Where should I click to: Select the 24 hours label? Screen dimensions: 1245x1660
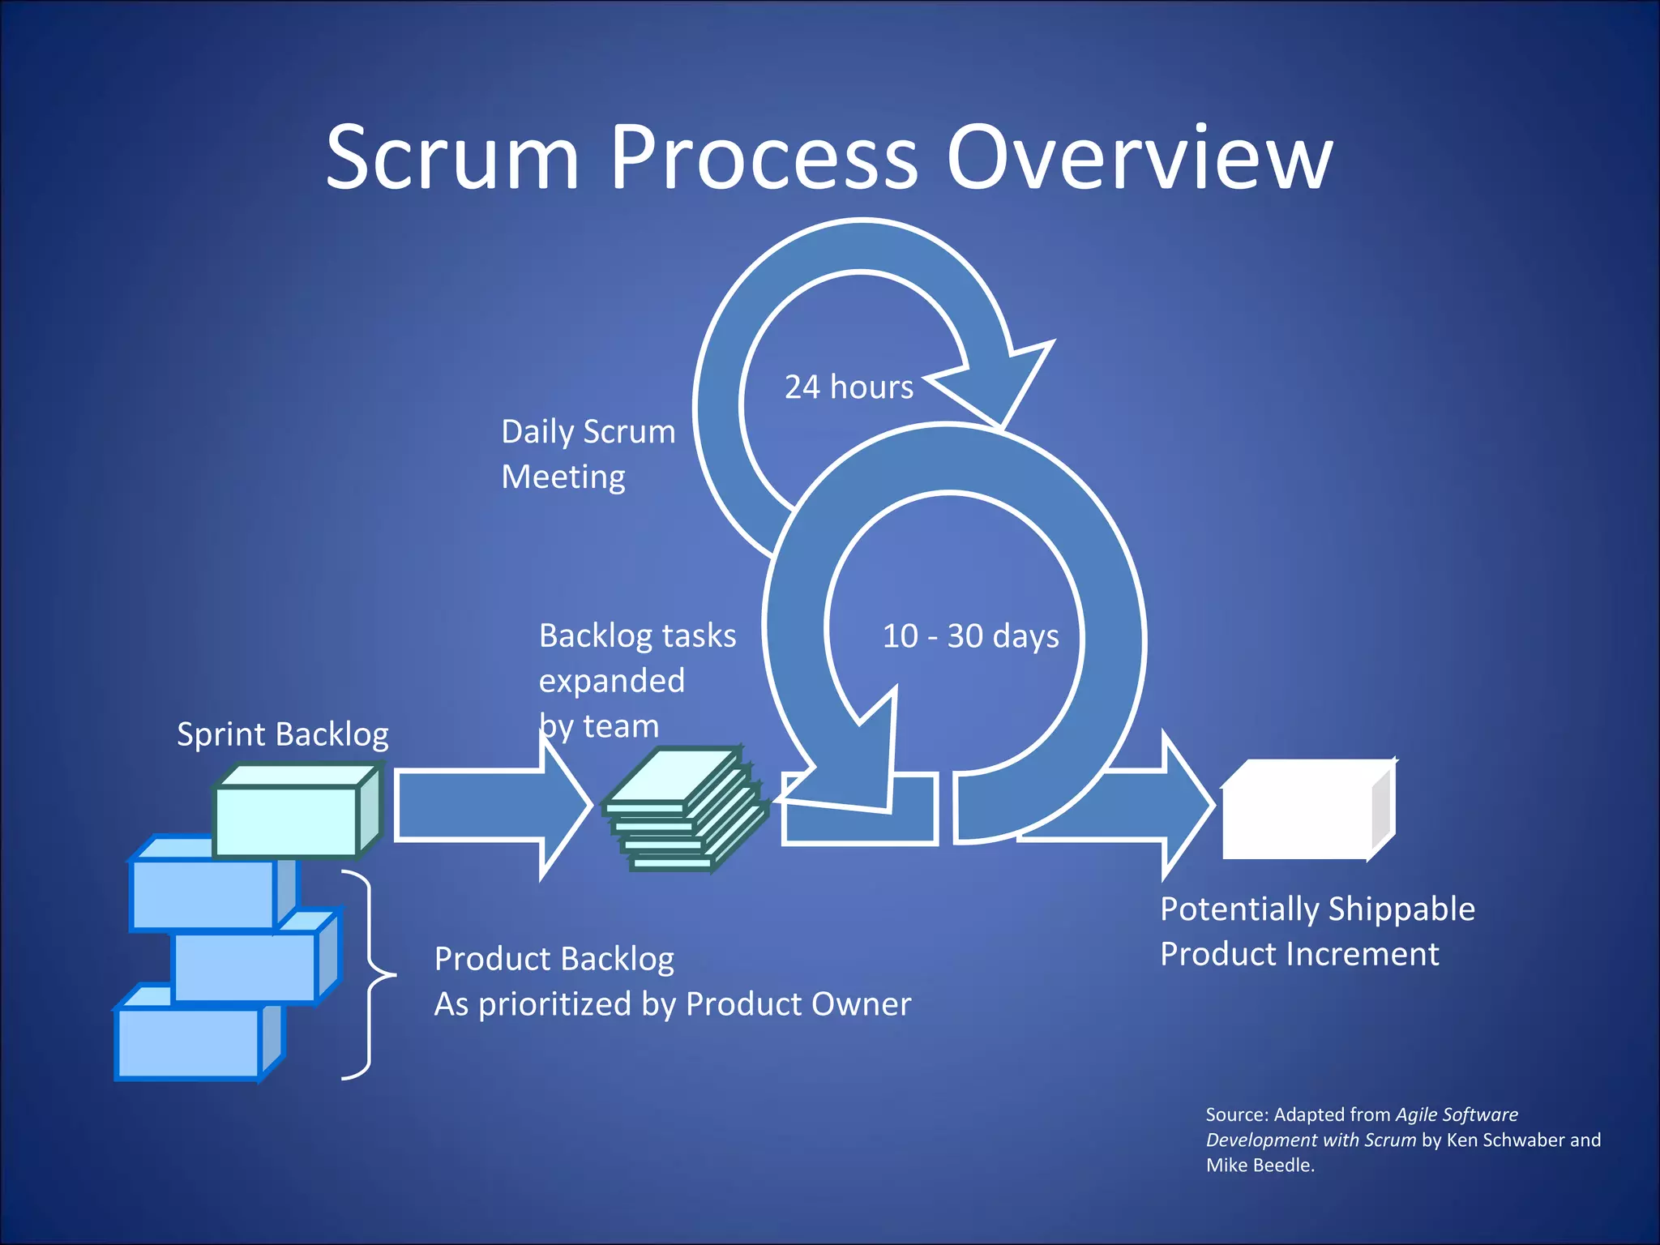pos(849,387)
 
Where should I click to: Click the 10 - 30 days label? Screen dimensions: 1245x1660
pos(970,636)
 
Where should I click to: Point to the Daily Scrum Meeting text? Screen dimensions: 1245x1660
pos(588,454)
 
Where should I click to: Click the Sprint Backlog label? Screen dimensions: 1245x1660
pos(282,734)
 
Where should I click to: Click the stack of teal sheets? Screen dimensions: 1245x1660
pos(685,811)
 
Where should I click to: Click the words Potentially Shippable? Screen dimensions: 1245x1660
pos(1317,909)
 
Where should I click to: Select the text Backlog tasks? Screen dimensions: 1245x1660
pos(637,636)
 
